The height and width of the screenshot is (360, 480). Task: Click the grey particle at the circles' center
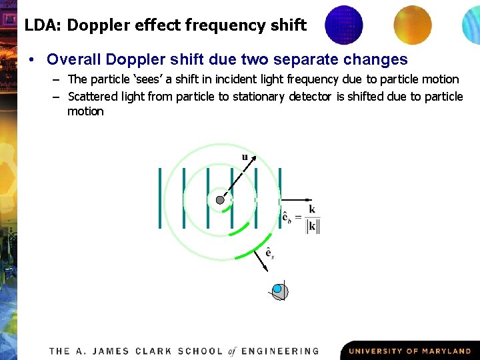pyautogui.click(x=220, y=200)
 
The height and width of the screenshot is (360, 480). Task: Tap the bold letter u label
pyautogui.click(x=245, y=157)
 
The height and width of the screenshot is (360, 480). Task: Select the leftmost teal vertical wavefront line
pyautogui.click(x=160, y=198)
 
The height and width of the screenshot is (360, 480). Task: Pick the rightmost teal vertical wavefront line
pyautogui.click(x=280, y=198)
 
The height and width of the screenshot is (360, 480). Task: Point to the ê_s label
pyautogui.click(x=269, y=253)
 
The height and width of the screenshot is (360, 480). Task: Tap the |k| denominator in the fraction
pyautogui.click(x=313, y=226)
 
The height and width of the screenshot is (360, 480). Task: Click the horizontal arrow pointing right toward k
pyautogui.click(x=297, y=199)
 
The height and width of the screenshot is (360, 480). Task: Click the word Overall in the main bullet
pyautogui.click(x=72, y=59)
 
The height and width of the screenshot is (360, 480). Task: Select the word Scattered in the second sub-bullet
pyautogui.click(x=94, y=97)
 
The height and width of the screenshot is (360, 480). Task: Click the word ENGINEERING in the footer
pyautogui.click(x=280, y=351)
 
